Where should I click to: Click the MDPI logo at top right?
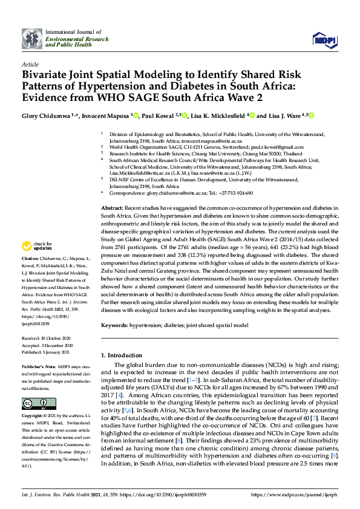coord(324,40)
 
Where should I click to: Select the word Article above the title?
coord(30,63)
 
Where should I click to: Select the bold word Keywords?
coord(114,325)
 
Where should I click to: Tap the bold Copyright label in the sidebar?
coord(33,417)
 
